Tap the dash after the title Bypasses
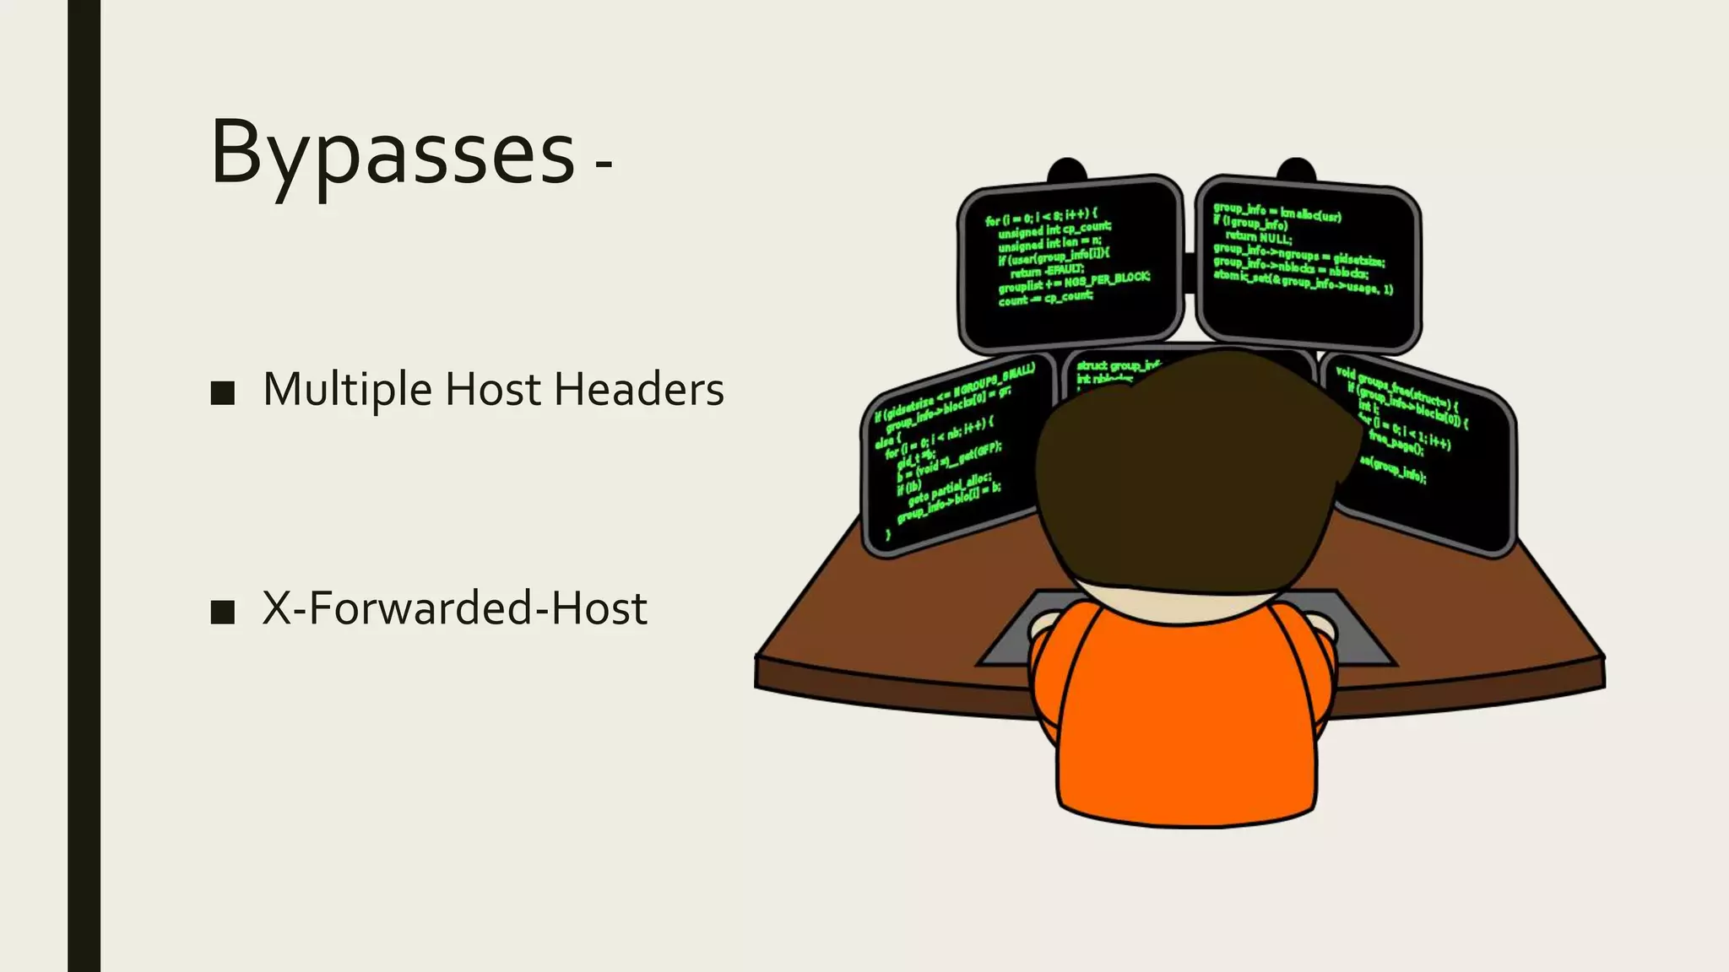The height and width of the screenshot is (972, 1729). click(603, 165)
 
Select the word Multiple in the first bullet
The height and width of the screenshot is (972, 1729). click(347, 390)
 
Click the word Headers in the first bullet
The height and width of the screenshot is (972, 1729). click(639, 390)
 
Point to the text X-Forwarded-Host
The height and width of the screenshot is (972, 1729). click(454, 608)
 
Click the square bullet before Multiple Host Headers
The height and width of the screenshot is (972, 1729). click(223, 392)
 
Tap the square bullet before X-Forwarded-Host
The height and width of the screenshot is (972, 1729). click(223, 611)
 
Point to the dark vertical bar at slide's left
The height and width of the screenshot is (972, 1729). click(84, 486)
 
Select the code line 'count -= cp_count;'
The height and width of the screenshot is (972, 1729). click(1045, 298)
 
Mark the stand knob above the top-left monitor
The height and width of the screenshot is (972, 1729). click(1067, 170)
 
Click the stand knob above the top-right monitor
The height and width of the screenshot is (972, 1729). click(1297, 169)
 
